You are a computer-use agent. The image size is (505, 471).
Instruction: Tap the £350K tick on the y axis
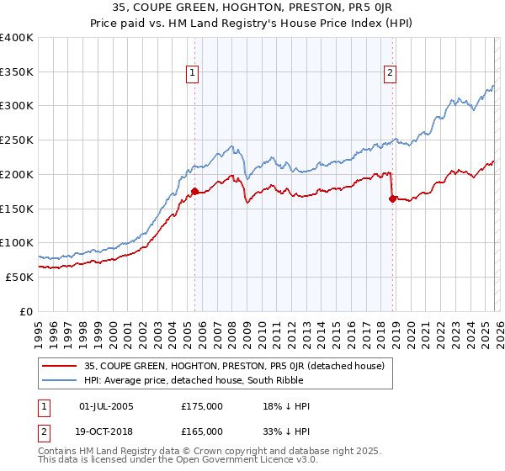tap(17, 71)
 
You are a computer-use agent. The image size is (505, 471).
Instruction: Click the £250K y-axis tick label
tap(17, 140)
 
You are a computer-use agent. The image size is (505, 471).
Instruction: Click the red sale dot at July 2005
tap(194, 191)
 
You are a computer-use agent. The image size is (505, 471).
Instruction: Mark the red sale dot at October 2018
tap(392, 198)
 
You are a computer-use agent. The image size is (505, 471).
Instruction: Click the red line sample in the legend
tap(61, 366)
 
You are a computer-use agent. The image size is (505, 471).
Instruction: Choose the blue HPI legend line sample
tap(61, 380)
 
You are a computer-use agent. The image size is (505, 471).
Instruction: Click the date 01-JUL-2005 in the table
tap(105, 406)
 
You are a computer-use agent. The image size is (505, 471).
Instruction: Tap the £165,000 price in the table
tap(202, 431)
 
